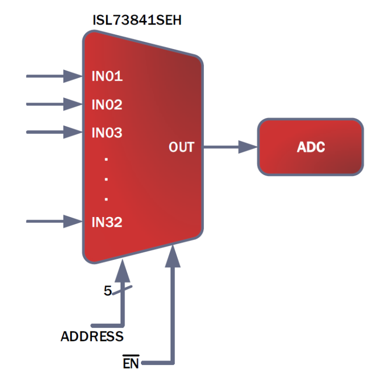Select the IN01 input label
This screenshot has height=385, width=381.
coord(107,77)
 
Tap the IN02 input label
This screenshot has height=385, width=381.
coord(107,105)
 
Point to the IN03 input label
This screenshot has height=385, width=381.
coord(107,133)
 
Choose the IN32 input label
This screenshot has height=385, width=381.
coord(107,222)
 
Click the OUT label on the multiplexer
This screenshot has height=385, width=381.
coord(181,148)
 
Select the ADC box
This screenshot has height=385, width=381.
coord(311,148)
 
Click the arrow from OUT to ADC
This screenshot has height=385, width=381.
coord(230,148)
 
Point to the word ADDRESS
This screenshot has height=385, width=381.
coord(92,337)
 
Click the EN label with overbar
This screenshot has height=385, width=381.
coord(130,364)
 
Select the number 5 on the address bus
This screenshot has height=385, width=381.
coord(107,291)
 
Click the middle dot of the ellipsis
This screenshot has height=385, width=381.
coord(106,179)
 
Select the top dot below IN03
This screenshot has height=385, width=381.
coord(106,160)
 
